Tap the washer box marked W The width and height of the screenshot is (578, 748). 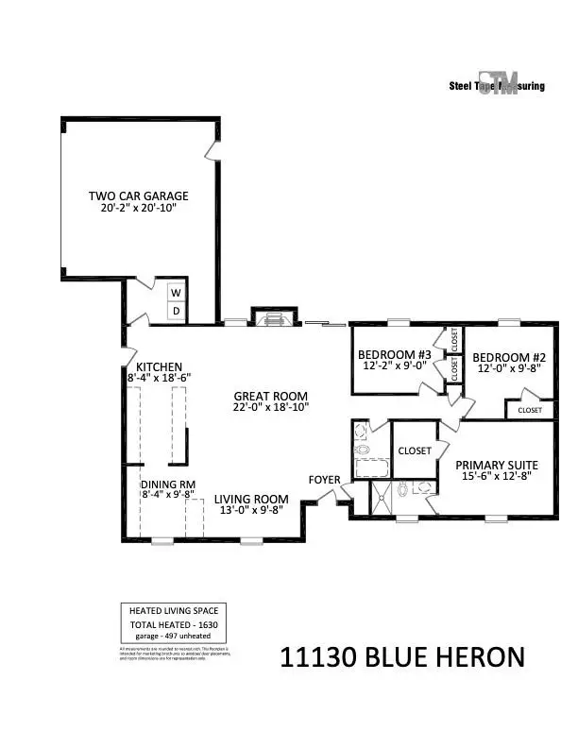(x=176, y=294)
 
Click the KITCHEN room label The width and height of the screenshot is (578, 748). (x=159, y=367)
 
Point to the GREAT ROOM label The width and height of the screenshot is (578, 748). (x=271, y=396)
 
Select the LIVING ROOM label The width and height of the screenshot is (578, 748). (x=250, y=500)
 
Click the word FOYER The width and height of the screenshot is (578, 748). (x=324, y=480)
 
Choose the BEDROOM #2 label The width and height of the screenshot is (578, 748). (x=510, y=357)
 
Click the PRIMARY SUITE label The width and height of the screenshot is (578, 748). (x=497, y=465)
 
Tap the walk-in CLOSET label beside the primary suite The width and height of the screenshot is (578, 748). (x=414, y=450)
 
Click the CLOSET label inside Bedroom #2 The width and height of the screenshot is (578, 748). (x=530, y=410)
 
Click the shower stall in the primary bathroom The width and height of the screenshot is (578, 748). (x=382, y=498)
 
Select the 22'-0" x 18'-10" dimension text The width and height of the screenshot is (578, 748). (x=271, y=407)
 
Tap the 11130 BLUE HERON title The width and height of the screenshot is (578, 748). (x=401, y=657)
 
